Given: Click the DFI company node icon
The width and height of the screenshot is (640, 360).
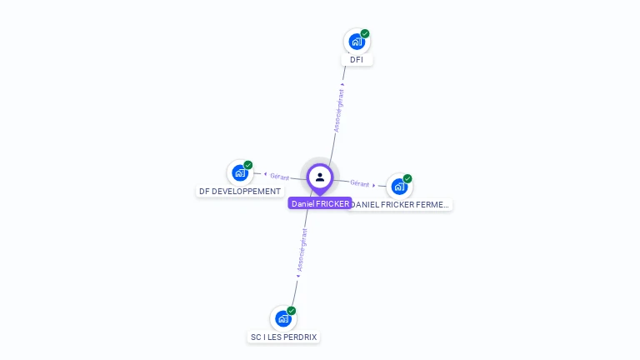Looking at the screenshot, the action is (x=357, y=42).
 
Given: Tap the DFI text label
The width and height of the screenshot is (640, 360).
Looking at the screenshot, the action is (x=357, y=60).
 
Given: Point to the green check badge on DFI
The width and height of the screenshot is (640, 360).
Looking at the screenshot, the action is (x=365, y=33).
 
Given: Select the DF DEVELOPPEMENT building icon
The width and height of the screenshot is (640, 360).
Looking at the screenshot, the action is (x=240, y=173).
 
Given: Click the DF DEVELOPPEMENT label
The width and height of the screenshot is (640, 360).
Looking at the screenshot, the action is (x=240, y=191).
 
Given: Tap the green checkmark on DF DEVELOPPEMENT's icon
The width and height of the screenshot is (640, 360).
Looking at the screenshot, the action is (x=248, y=165).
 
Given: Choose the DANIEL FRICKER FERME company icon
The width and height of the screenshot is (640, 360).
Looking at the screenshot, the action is (x=399, y=187).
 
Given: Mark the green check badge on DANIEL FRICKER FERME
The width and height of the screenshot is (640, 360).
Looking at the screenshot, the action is (x=407, y=178).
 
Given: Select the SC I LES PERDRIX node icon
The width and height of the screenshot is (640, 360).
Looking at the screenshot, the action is (x=283, y=318).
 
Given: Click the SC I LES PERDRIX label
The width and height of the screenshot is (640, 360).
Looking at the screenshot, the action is (x=284, y=337).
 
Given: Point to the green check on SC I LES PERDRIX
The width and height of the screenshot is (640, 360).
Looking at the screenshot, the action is (x=292, y=311).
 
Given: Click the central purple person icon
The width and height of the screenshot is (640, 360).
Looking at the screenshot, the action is (x=320, y=177).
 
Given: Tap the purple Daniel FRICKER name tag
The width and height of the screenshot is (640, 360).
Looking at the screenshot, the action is (x=320, y=203).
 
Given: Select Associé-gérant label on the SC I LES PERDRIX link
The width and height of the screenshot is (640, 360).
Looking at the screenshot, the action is (x=302, y=251).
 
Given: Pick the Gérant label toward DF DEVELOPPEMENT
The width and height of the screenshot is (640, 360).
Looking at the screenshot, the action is (x=279, y=177).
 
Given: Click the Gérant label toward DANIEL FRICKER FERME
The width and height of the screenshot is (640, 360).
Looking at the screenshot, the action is (x=360, y=183).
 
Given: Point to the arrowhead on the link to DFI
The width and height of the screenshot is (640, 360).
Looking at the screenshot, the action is (x=343, y=84).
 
